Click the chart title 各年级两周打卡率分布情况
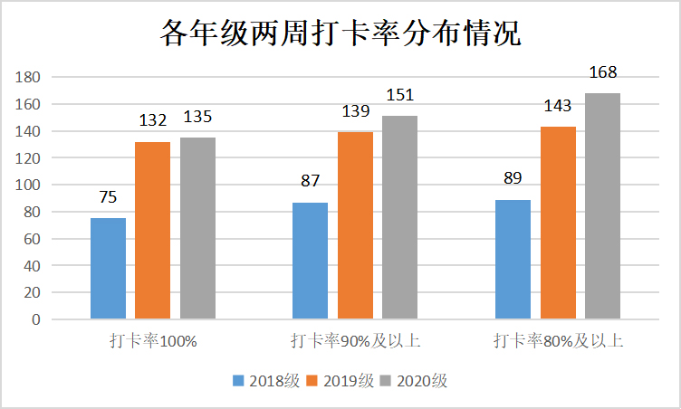click(340, 34)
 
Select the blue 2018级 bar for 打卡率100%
click(108, 269)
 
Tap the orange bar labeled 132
click(153, 231)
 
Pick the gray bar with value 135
click(197, 229)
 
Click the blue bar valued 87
click(311, 261)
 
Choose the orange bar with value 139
click(355, 226)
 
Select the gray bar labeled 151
click(399, 218)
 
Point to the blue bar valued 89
click(513, 260)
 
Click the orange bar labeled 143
click(558, 224)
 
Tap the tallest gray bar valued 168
click(602, 206)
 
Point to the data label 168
click(602, 73)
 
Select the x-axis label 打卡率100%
click(153, 341)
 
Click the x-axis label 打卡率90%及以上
click(355, 341)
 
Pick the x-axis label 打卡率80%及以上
click(558, 341)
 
